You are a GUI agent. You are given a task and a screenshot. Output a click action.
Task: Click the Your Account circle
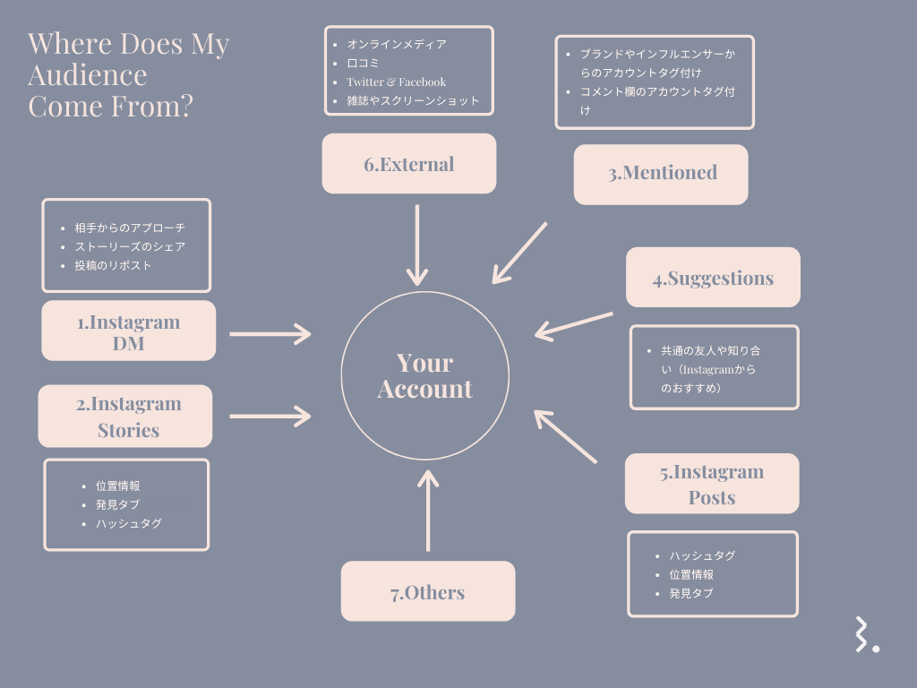(424, 375)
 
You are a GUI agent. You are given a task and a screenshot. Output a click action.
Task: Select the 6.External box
(408, 164)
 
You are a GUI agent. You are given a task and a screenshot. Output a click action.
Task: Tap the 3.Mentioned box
(661, 174)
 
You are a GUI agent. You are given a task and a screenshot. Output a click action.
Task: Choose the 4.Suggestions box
(713, 278)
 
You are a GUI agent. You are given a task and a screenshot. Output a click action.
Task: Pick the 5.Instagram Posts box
(712, 484)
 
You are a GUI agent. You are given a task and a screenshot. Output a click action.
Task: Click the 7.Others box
(428, 591)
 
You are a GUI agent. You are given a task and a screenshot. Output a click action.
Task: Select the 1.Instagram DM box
(129, 331)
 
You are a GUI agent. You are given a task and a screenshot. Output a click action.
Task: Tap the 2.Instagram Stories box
(125, 417)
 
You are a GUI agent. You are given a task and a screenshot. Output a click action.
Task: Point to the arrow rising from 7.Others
(428, 511)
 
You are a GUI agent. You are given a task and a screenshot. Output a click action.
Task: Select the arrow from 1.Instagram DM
(270, 333)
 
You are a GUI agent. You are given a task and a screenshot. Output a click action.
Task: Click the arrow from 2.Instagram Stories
(270, 416)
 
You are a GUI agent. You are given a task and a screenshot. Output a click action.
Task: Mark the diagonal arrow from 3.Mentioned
(519, 254)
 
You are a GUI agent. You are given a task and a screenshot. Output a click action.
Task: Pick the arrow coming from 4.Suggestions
(574, 324)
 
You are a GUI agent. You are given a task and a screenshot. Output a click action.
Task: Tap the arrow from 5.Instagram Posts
(565, 436)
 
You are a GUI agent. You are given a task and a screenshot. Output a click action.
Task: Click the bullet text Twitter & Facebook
(396, 82)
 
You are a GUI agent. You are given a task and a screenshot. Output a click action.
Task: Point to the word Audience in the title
(88, 74)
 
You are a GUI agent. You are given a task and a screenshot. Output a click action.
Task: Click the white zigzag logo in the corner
(865, 634)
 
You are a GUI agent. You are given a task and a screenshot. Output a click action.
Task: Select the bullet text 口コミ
(363, 63)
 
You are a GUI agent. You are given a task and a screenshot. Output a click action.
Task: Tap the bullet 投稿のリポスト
(113, 265)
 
